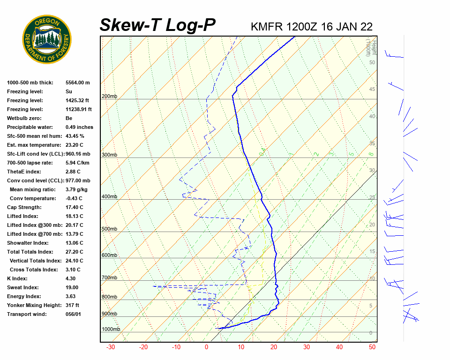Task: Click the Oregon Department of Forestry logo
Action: (47, 39)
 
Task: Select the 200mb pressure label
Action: (109, 97)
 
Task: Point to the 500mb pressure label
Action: (109, 229)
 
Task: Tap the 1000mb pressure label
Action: (111, 329)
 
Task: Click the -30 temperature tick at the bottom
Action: (111, 347)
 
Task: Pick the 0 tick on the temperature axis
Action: (206, 347)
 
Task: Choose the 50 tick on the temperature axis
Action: (372, 347)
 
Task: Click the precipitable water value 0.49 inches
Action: (79, 127)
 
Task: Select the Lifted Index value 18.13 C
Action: (74, 216)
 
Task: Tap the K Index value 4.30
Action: (71, 278)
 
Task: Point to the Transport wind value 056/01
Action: (74, 314)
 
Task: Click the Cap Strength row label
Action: (24, 207)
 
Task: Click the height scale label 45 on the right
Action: (372, 90)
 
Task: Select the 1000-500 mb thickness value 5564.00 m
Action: (77, 82)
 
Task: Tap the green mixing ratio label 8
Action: (371, 153)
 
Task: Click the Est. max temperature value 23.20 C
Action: (74, 145)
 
